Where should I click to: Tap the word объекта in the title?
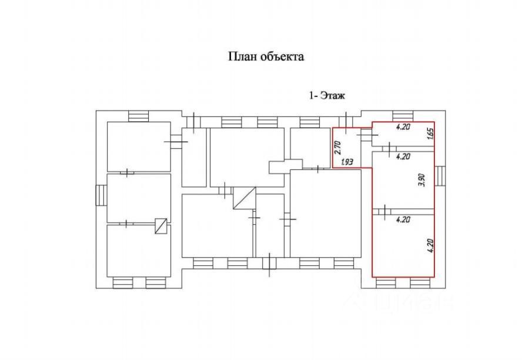[282, 56]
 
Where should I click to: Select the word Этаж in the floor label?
[332, 95]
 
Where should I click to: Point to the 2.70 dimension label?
[338, 147]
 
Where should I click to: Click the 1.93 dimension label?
[347, 162]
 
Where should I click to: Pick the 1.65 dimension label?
[430, 134]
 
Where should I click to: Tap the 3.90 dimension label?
[422, 180]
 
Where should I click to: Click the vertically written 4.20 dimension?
[430, 246]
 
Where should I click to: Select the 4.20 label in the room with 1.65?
[403, 126]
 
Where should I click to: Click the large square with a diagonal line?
[244, 198]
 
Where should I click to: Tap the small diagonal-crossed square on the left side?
[161, 226]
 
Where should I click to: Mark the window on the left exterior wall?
[101, 195]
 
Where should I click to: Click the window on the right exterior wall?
[440, 176]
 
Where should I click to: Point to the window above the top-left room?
[138, 116]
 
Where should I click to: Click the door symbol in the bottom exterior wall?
[269, 265]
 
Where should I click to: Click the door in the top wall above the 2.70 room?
[346, 122]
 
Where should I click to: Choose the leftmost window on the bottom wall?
[122, 283]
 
